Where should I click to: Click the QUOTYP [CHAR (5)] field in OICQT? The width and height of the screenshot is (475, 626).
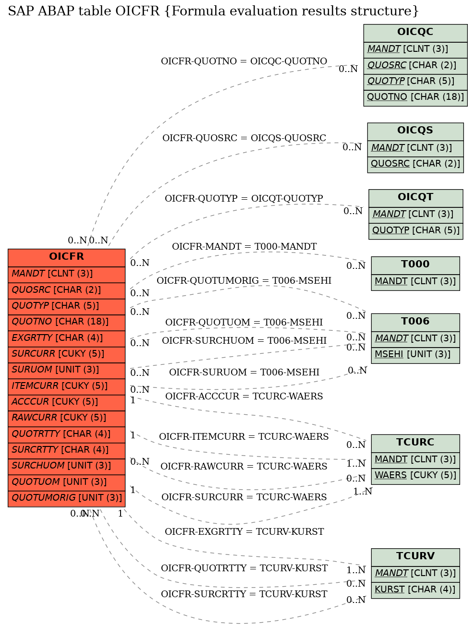[415, 231]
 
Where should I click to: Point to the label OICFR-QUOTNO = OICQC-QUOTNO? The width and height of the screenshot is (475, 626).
[244, 61]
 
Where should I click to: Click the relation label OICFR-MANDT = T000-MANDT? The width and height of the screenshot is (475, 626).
[244, 246]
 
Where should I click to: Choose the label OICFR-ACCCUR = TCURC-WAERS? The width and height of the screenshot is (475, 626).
[244, 396]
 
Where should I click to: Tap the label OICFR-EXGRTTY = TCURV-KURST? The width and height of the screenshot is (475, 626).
[244, 531]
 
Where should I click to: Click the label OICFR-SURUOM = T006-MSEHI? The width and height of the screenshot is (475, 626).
[244, 372]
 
